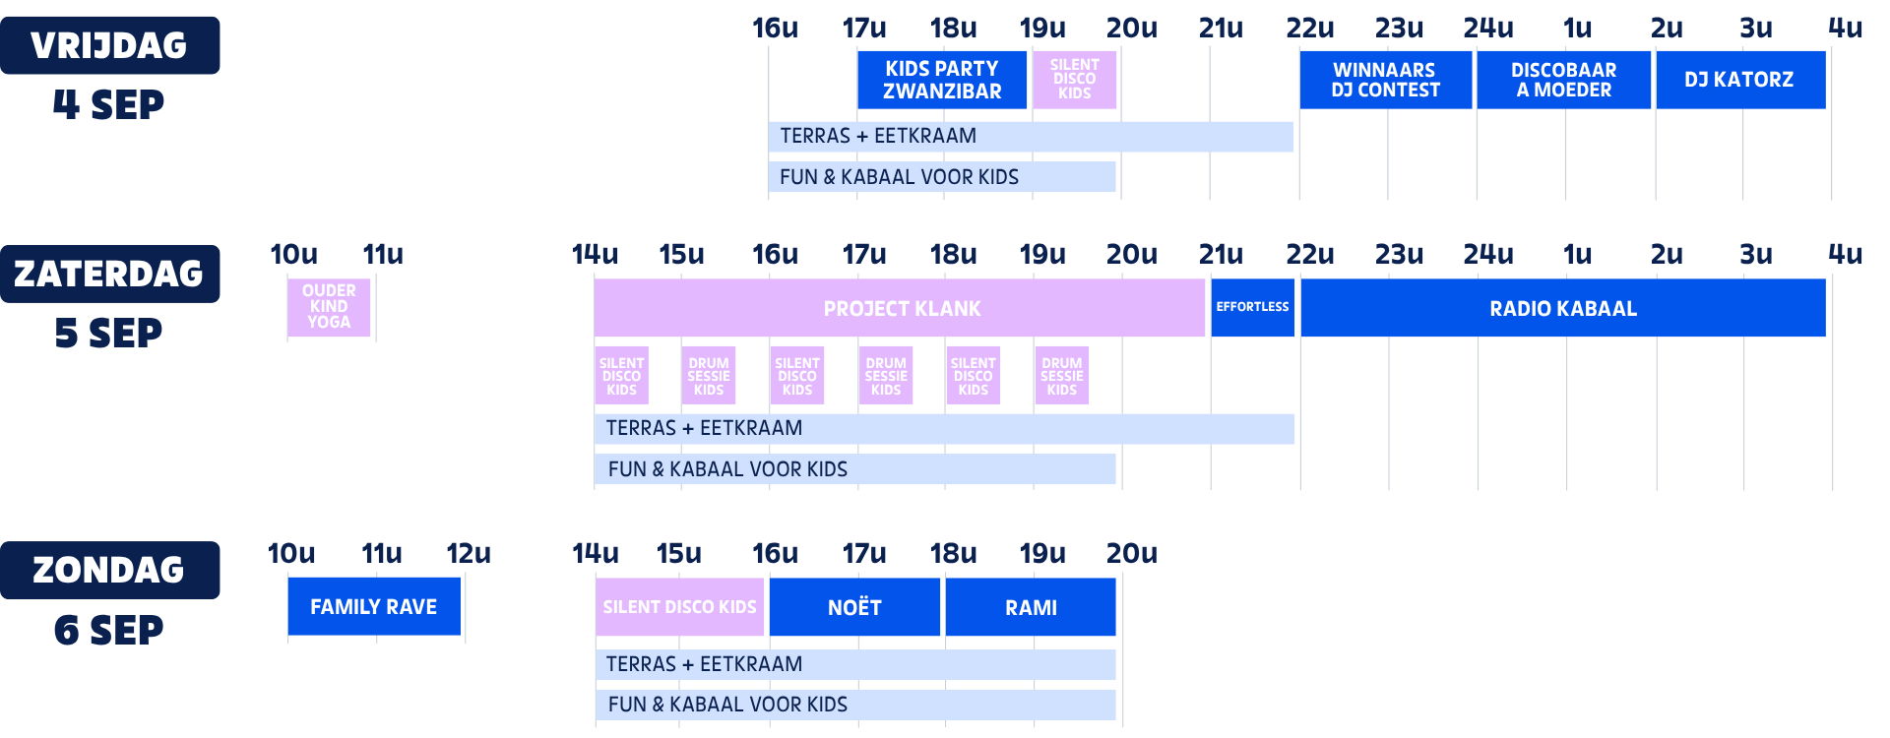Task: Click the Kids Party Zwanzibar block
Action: tap(942, 80)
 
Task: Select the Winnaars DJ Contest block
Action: tap(1385, 80)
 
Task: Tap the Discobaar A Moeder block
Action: tap(1563, 80)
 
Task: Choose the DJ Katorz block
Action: tap(1740, 80)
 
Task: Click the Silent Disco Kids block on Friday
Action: tap(1074, 80)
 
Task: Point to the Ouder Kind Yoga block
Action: tap(329, 307)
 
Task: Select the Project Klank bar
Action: tap(900, 308)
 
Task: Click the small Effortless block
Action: tap(1252, 308)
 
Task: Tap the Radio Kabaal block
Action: tap(1563, 308)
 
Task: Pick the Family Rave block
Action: tap(374, 606)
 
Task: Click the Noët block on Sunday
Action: tap(854, 607)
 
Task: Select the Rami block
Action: tap(1031, 607)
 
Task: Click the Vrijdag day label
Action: tap(109, 45)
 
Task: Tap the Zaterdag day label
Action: tap(109, 274)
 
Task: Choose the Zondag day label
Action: tap(109, 570)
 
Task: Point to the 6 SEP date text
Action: tap(109, 631)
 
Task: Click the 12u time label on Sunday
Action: tap(469, 553)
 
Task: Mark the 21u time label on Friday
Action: tap(1221, 28)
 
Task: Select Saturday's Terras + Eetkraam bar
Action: tap(944, 429)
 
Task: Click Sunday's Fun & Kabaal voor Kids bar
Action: tap(855, 705)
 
